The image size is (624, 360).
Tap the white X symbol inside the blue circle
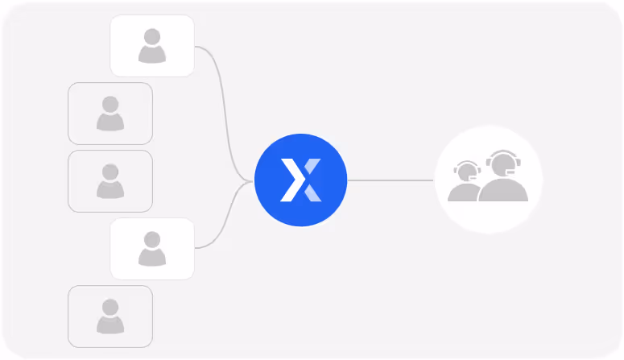300,180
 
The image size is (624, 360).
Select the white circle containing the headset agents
488,180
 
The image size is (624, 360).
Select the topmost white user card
152,46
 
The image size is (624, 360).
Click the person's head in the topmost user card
152,37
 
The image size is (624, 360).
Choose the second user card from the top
110,114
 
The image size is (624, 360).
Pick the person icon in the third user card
110,180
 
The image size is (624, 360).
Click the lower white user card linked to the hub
152,249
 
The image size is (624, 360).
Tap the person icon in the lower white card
152,248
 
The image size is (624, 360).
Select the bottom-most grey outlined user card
110,317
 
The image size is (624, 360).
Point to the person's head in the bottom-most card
110,308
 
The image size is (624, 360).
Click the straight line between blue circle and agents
391,180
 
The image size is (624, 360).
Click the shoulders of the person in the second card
110,122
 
